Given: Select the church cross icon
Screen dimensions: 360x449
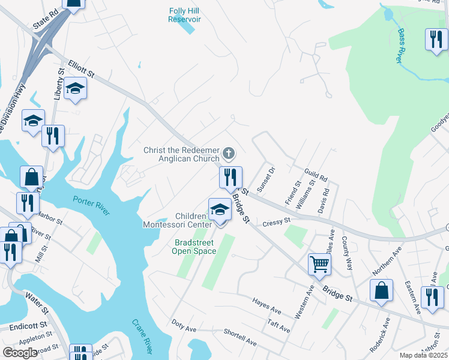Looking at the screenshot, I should point(228,154).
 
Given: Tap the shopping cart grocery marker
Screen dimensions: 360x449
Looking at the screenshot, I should point(319,263).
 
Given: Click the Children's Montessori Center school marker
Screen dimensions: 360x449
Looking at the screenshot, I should point(220,209).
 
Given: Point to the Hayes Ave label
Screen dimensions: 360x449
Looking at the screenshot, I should point(267,306).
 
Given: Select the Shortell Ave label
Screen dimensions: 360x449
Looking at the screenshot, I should point(240,339).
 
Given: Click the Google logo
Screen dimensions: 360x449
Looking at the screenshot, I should point(20,353).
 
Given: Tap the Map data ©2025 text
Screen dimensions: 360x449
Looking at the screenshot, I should point(423,355).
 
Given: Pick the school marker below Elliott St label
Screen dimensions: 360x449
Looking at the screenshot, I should point(75,89).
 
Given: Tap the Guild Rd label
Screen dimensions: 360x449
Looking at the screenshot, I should point(316,175).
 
